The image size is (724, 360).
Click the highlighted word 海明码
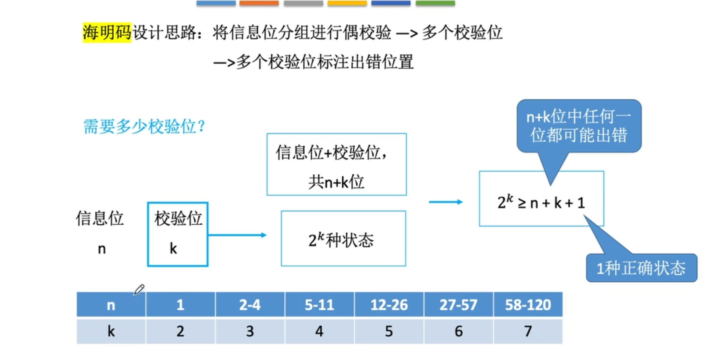[107, 32]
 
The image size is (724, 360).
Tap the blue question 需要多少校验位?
[144, 126]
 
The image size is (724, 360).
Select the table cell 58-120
[528, 305]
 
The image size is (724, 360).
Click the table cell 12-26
[389, 305]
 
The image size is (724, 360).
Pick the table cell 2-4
[250, 305]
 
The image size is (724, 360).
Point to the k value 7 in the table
[528, 331]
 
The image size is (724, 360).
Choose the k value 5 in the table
[389, 331]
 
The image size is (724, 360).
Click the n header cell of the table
[111, 305]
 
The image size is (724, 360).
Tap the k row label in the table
[111, 331]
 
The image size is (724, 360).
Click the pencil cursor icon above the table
[139, 289]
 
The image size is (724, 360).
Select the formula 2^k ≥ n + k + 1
[541, 203]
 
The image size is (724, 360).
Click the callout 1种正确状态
[641, 268]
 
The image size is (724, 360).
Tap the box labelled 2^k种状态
[343, 239]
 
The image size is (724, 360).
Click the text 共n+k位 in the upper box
[336, 182]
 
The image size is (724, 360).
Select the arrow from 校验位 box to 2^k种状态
[237, 235]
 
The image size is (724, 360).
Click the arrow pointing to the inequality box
[446, 202]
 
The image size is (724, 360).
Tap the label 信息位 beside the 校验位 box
[99, 218]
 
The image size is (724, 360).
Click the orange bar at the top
[259, 3]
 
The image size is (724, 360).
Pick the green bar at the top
[435, 3]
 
